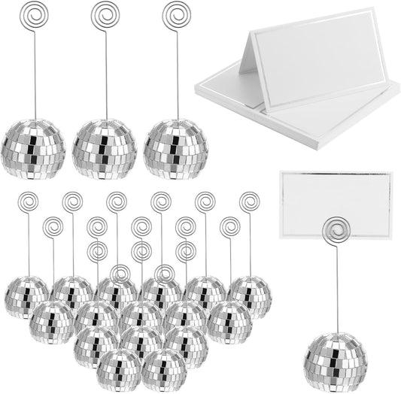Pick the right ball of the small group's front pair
163,368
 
